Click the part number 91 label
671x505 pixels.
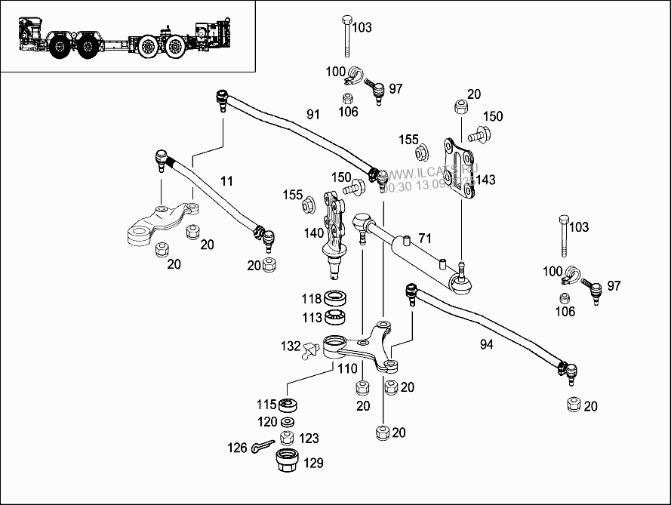(x=313, y=115)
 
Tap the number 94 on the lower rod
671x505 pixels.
(x=487, y=344)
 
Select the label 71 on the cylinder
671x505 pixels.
(x=425, y=239)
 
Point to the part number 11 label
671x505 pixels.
(x=227, y=180)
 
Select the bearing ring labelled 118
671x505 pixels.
(x=334, y=298)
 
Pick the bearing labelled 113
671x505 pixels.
(x=334, y=317)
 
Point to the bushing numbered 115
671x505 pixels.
(x=288, y=405)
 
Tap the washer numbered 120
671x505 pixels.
(x=288, y=421)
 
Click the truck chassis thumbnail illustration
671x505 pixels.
(x=128, y=37)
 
